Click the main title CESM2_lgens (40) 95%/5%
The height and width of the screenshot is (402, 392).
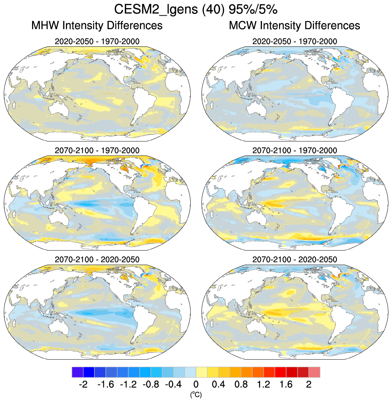pyautogui.click(x=196, y=10)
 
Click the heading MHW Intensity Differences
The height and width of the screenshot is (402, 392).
pyautogui.click(x=97, y=26)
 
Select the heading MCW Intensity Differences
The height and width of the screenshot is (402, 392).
pyautogui.click(x=294, y=26)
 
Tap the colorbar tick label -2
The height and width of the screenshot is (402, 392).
pyautogui.click(x=83, y=385)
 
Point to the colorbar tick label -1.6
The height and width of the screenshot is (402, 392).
pyautogui.click(x=105, y=385)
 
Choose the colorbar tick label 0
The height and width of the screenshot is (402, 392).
pyautogui.click(x=196, y=385)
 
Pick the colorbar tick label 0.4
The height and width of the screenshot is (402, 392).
pyautogui.click(x=218, y=385)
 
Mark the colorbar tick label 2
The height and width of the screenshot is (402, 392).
pyautogui.click(x=309, y=385)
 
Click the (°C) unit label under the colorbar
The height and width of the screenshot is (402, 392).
pyautogui.click(x=196, y=394)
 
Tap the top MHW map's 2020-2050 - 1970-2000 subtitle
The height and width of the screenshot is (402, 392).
pyautogui.click(x=97, y=41)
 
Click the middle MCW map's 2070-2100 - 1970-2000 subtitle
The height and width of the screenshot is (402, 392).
pyautogui.click(x=294, y=150)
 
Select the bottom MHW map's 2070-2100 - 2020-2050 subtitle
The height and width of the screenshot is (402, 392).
pyautogui.click(x=97, y=259)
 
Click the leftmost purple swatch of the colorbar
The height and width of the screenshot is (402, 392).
pyautogui.click(x=77, y=372)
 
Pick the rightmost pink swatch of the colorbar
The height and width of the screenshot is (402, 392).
pyautogui.click(x=314, y=372)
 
